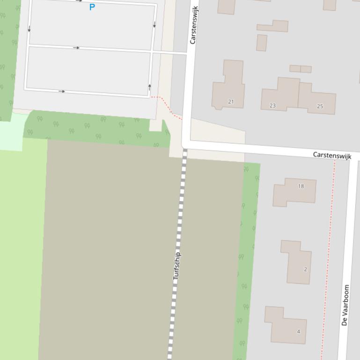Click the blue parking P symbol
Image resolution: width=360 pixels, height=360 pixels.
[x=92, y=7]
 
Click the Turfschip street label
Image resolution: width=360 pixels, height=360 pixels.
[x=177, y=266]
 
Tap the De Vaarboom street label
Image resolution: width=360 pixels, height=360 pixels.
[x=345, y=305]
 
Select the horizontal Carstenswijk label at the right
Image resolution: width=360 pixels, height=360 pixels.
[x=332, y=155]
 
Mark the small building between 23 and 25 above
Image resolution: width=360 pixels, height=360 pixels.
[x=301, y=69]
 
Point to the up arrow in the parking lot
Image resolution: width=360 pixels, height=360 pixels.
[x=150, y=86]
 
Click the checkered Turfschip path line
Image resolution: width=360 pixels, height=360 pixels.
[x=180, y=210]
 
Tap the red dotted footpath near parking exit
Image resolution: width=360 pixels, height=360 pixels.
[x=167, y=105]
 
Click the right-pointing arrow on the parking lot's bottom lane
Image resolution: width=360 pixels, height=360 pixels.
[x=62, y=91]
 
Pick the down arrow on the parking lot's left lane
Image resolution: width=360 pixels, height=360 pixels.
[x=29, y=29]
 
